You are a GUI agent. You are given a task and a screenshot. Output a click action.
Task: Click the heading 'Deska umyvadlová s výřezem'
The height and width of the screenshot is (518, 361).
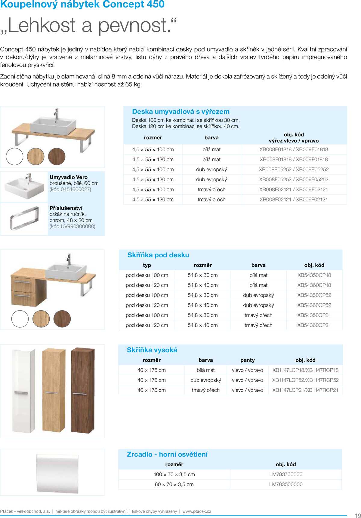180,112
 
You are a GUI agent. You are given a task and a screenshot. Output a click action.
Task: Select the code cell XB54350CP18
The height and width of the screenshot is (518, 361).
314,275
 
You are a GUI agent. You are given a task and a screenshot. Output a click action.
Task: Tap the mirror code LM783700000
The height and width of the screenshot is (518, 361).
285,474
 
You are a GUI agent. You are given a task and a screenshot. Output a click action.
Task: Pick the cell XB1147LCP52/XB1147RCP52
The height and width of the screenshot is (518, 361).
305,380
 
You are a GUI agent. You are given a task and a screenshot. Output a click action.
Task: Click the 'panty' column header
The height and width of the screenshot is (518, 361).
247,360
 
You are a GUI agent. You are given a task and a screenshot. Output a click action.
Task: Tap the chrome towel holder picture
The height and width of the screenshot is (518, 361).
24,218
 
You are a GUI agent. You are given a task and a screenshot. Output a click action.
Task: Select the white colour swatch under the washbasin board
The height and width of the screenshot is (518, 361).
14,156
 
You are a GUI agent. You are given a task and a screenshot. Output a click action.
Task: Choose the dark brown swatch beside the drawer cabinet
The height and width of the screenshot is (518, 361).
62,319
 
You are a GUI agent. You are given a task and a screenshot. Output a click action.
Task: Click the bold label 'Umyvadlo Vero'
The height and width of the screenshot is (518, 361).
69,177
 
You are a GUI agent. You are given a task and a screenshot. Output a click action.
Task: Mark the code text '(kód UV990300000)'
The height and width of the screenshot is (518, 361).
72,226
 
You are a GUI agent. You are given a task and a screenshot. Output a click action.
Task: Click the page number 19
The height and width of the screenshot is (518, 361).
358,515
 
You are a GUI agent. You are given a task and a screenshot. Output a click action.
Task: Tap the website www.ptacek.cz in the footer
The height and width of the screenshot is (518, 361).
197,511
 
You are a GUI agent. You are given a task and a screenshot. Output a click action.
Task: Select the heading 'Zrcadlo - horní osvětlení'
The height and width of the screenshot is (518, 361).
167,454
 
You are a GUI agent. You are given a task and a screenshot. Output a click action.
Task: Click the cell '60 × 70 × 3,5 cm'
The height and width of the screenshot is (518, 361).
174,484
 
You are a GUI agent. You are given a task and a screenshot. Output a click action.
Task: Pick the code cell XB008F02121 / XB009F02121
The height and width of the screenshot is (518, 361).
294,199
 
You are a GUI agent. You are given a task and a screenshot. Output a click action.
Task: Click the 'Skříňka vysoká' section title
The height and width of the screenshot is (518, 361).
152,350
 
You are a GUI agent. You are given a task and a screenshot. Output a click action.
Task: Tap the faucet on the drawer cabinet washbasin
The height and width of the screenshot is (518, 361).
69,259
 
